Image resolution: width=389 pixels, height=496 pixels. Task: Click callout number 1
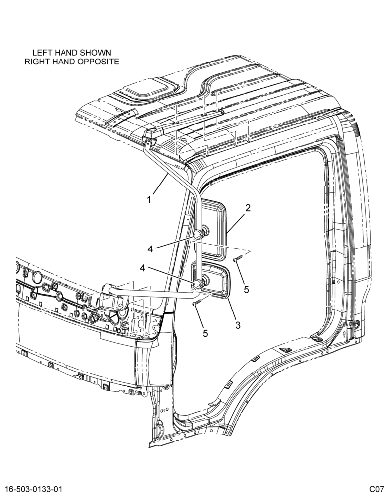coord(149,200)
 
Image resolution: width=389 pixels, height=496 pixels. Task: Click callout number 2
coord(248,208)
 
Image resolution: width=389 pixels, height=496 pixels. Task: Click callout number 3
coord(238,325)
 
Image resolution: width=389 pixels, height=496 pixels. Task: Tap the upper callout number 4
coord(150,249)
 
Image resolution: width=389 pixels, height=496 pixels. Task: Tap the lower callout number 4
coord(143,268)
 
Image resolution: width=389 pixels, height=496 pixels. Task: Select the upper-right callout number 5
coord(246,289)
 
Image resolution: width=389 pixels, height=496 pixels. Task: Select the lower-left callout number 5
coord(205,333)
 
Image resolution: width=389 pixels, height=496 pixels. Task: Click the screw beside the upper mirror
coord(237,259)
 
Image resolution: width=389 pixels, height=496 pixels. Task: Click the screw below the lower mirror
coord(196,303)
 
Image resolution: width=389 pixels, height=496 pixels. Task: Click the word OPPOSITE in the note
coord(98,62)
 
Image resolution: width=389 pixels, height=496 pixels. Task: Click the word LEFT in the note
coord(42,52)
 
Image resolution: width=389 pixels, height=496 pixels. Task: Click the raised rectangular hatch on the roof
coord(145,87)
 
